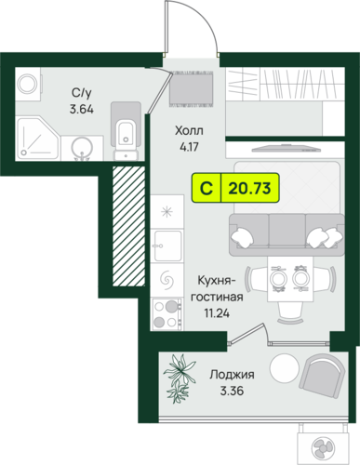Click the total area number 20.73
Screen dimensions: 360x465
[249, 188]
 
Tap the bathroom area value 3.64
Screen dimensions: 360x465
[82, 110]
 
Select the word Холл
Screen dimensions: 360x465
[189, 130]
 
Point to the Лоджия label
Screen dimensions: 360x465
[232, 374]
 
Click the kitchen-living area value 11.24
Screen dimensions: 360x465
[217, 313]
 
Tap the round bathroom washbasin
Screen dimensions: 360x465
[82, 150]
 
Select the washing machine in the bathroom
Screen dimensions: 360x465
[28, 84]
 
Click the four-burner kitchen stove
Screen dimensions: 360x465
[167, 313]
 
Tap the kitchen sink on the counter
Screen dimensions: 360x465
[167, 246]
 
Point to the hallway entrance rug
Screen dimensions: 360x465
[192, 88]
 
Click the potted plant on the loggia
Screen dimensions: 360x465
[179, 378]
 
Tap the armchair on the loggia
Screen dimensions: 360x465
[322, 375]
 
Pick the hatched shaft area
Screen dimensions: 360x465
[128, 226]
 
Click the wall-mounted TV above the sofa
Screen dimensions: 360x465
[286, 149]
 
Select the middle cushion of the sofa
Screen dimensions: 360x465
[287, 230]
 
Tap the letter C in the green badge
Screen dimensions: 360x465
[207, 188]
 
